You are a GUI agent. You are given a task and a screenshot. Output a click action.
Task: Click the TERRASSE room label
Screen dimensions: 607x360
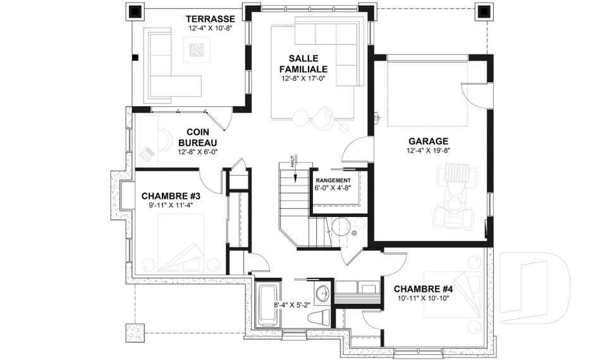pyautogui.click(x=210, y=19)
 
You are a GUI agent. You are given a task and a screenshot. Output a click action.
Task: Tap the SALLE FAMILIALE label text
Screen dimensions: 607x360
pyautogui.click(x=303, y=63)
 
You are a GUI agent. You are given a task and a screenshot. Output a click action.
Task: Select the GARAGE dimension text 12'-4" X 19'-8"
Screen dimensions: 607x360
pyautogui.click(x=428, y=151)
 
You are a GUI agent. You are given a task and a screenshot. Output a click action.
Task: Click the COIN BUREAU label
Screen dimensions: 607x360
pyautogui.click(x=198, y=137)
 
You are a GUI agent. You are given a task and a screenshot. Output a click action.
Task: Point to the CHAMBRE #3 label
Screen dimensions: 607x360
pyautogui.click(x=171, y=196)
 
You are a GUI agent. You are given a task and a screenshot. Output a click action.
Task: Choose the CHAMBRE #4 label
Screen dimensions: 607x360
pyautogui.click(x=423, y=289)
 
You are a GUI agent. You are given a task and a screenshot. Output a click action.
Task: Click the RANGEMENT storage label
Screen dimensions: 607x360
pyautogui.click(x=333, y=180)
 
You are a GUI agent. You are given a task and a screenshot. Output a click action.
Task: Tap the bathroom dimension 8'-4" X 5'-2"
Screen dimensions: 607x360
pyautogui.click(x=292, y=305)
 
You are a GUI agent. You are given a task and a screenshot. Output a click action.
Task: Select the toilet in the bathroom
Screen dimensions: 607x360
pyautogui.click(x=319, y=318)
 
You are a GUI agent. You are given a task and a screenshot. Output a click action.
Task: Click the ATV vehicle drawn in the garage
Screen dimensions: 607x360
pyautogui.click(x=455, y=198)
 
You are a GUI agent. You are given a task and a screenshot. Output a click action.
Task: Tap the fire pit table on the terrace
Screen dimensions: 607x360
pyautogui.click(x=197, y=49)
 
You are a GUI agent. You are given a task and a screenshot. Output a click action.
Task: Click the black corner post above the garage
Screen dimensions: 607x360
pyautogui.click(x=484, y=12)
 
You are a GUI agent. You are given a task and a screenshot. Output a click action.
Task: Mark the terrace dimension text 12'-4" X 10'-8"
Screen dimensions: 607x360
pyautogui.click(x=210, y=28)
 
